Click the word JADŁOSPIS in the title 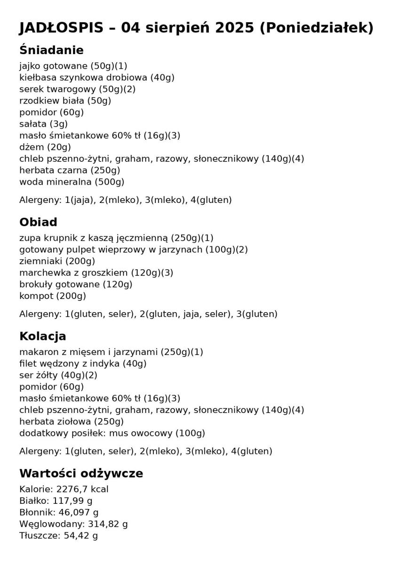point(61,28)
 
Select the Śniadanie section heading point(51,50)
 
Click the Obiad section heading point(38,222)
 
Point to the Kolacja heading point(42,336)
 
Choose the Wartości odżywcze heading point(81,473)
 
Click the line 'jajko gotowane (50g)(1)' point(73,66)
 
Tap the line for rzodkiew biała point(65,100)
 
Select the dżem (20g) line point(45,147)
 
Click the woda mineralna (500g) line point(72,182)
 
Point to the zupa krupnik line point(116,238)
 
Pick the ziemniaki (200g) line point(57,261)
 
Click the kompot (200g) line point(52,296)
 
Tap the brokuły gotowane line point(75,284)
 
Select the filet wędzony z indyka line point(83,363)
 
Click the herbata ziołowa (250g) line point(71,421)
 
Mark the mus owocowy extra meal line point(112,433)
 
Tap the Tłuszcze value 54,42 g point(79,535)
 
